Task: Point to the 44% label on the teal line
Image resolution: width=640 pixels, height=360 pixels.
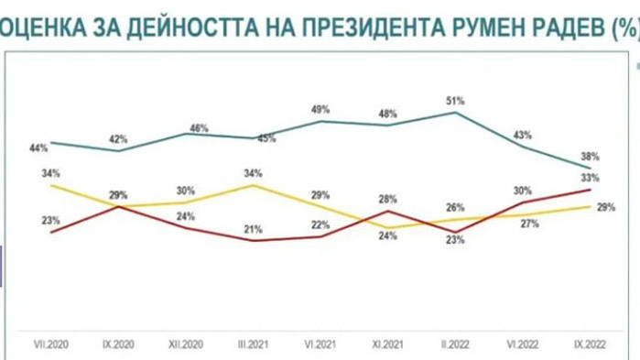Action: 38,147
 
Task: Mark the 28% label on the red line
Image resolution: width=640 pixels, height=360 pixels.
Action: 388,199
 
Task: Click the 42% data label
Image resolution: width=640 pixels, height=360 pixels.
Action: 118,139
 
